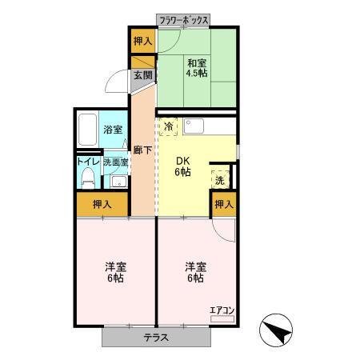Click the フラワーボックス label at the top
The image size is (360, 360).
[x=184, y=18]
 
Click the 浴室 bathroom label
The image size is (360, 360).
[x=113, y=130]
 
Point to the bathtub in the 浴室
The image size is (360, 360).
[x=88, y=129]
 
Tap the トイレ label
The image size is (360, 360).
[x=86, y=161]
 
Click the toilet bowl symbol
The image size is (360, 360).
[x=87, y=179]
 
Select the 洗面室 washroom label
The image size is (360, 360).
[x=113, y=161]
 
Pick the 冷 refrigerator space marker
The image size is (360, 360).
[x=170, y=126]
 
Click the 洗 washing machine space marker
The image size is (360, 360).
[x=220, y=180]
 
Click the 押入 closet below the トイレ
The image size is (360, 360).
[x=102, y=205]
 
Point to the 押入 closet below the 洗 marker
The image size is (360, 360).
[x=224, y=205]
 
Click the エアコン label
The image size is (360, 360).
[x=221, y=310]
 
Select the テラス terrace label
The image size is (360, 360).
[x=157, y=337]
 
